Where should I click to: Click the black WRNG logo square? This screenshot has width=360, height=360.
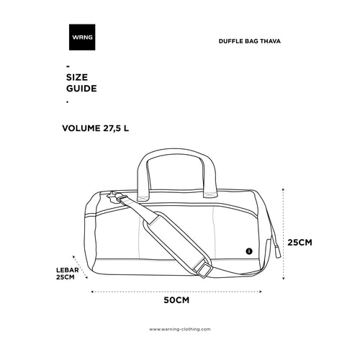click(x=82, y=37)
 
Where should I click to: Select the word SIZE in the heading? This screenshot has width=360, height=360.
click(x=77, y=77)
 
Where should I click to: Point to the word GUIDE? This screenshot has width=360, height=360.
click(x=81, y=89)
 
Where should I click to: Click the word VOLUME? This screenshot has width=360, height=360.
click(x=81, y=128)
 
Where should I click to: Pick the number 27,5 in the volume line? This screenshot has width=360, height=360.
click(x=112, y=128)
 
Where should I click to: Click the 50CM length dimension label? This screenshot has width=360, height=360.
click(x=176, y=300)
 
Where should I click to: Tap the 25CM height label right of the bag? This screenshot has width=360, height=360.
click(x=300, y=243)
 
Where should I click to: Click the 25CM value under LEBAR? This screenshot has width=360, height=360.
click(x=66, y=277)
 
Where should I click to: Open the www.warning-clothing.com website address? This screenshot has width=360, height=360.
click(x=180, y=329)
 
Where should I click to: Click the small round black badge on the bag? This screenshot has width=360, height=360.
click(x=249, y=251)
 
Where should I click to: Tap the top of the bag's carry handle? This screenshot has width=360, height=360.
click(x=176, y=150)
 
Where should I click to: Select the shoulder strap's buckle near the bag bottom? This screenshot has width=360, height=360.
click(x=204, y=269)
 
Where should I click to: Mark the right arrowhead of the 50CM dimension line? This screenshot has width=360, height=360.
click(x=260, y=292)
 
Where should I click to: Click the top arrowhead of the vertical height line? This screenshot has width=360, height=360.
click(x=284, y=189)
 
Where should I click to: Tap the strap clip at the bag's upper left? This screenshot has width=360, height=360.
click(x=117, y=198)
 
